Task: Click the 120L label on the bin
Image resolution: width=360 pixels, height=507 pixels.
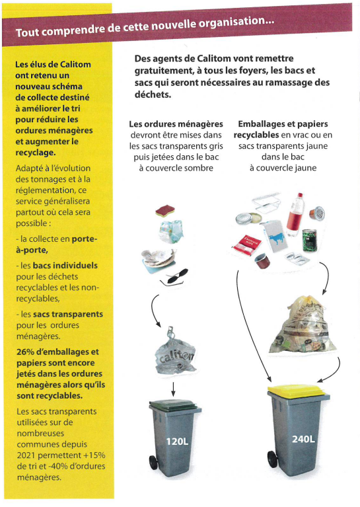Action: click(x=177, y=442)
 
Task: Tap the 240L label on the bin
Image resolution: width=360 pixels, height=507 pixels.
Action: click(x=303, y=439)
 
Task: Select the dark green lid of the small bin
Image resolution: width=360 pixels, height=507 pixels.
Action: click(x=173, y=405)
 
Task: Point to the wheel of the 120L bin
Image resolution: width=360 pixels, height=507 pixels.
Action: click(x=153, y=463)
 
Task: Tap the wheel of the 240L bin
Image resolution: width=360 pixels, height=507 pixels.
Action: click(x=272, y=459)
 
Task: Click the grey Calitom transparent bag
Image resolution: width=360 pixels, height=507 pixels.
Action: click(x=175, y=354)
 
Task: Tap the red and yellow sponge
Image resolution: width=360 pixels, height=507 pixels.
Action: click(x=165, y=211)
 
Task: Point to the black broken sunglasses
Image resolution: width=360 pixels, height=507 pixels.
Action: click(x=174, y=277)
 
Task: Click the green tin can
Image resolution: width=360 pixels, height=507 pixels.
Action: click(x=309, y=240)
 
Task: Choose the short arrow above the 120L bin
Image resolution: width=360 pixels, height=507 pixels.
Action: click(x=173, y=389)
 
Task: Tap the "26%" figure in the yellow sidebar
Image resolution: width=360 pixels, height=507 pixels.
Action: click(x=25, y=352)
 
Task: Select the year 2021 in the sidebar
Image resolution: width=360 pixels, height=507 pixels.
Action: click(x=26, y=455)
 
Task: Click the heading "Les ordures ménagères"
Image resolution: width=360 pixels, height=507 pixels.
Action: click(x=176, y=124)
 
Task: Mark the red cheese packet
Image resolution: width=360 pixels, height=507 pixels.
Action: click(x=246, y=245)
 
